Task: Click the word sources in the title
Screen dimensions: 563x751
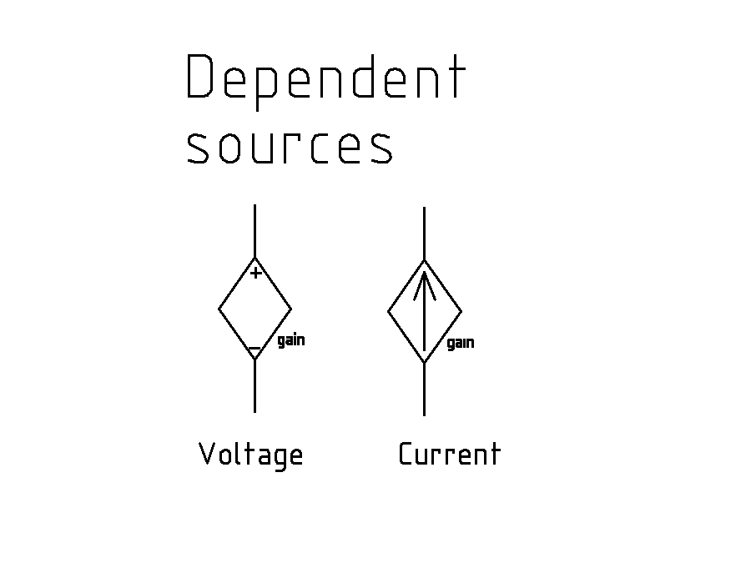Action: click(x=289, y=145)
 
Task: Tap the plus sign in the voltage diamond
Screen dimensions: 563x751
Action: click(x=256, y=273)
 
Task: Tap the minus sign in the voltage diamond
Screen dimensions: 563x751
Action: click(x=255, y=347)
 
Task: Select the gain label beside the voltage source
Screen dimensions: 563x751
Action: click(x=290, y=340)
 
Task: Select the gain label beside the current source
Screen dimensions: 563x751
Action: click(x=461, y=343)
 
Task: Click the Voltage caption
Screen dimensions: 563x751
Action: click(x=250, y=455)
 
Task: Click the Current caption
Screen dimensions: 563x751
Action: click(x=449, y=455)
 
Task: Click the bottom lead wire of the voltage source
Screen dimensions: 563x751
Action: click(x=255, y=386)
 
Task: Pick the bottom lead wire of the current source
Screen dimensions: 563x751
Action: click(x=425, y=390)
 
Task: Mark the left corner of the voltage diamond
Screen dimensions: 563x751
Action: click(x=219, y=309)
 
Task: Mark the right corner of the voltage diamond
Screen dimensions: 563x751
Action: click(x=291, y=309)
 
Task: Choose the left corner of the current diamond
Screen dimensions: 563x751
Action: click(x=389, y=312)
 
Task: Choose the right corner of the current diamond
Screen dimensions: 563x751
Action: click(x=461, y=312)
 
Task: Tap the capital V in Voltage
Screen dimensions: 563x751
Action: click(x=207, y=454)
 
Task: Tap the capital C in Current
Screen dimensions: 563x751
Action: click(x=406, y=455)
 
